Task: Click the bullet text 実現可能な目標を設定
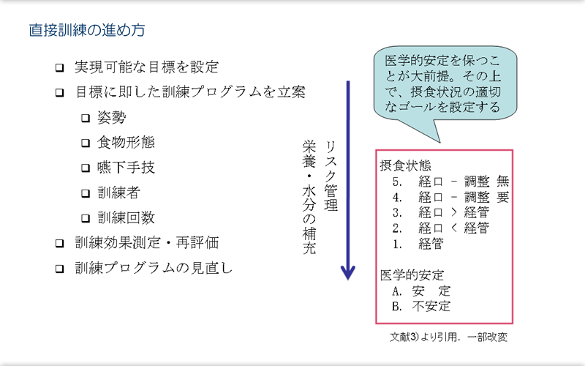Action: (146, 67)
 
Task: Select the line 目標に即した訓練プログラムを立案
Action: (190, 93)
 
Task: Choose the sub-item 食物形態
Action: (127, 143)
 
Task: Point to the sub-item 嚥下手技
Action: (127, 168)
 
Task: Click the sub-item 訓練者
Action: (119, 193)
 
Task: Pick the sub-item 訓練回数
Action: (127, 217)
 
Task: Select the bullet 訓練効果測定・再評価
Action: (146, 242)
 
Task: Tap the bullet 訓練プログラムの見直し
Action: (154, 268)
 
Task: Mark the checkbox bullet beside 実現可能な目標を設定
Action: (60, 68)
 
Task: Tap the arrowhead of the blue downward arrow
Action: (348, 273)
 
